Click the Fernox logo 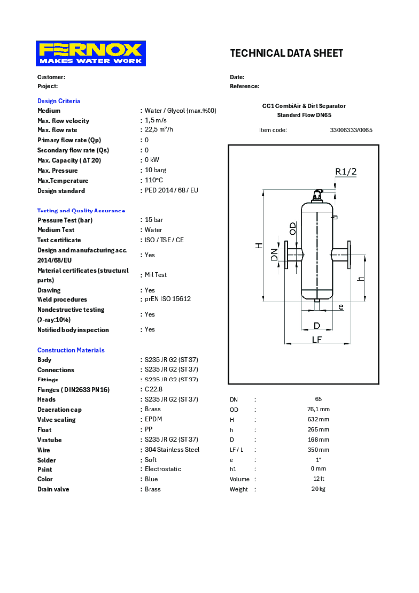(x=91, y=52)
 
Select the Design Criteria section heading (x=58, y=101)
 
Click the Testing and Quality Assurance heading (x=81, y=211)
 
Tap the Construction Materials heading (x=70, y=351)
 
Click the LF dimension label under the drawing (x=317, y=339)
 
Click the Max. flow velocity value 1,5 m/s (x=155, y=120)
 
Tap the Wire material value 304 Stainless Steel (x=171, y=449)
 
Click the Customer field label (x=51, y=77)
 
